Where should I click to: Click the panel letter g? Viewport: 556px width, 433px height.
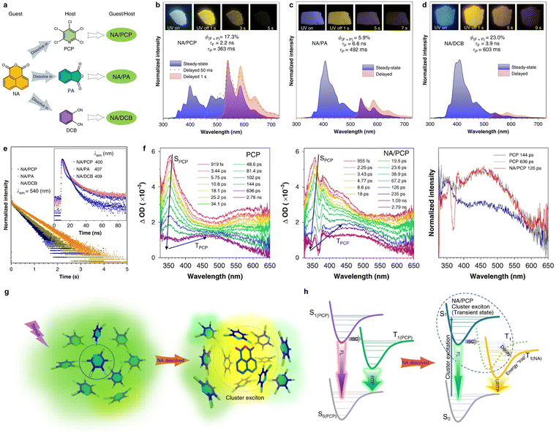[x=5, y=291]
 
